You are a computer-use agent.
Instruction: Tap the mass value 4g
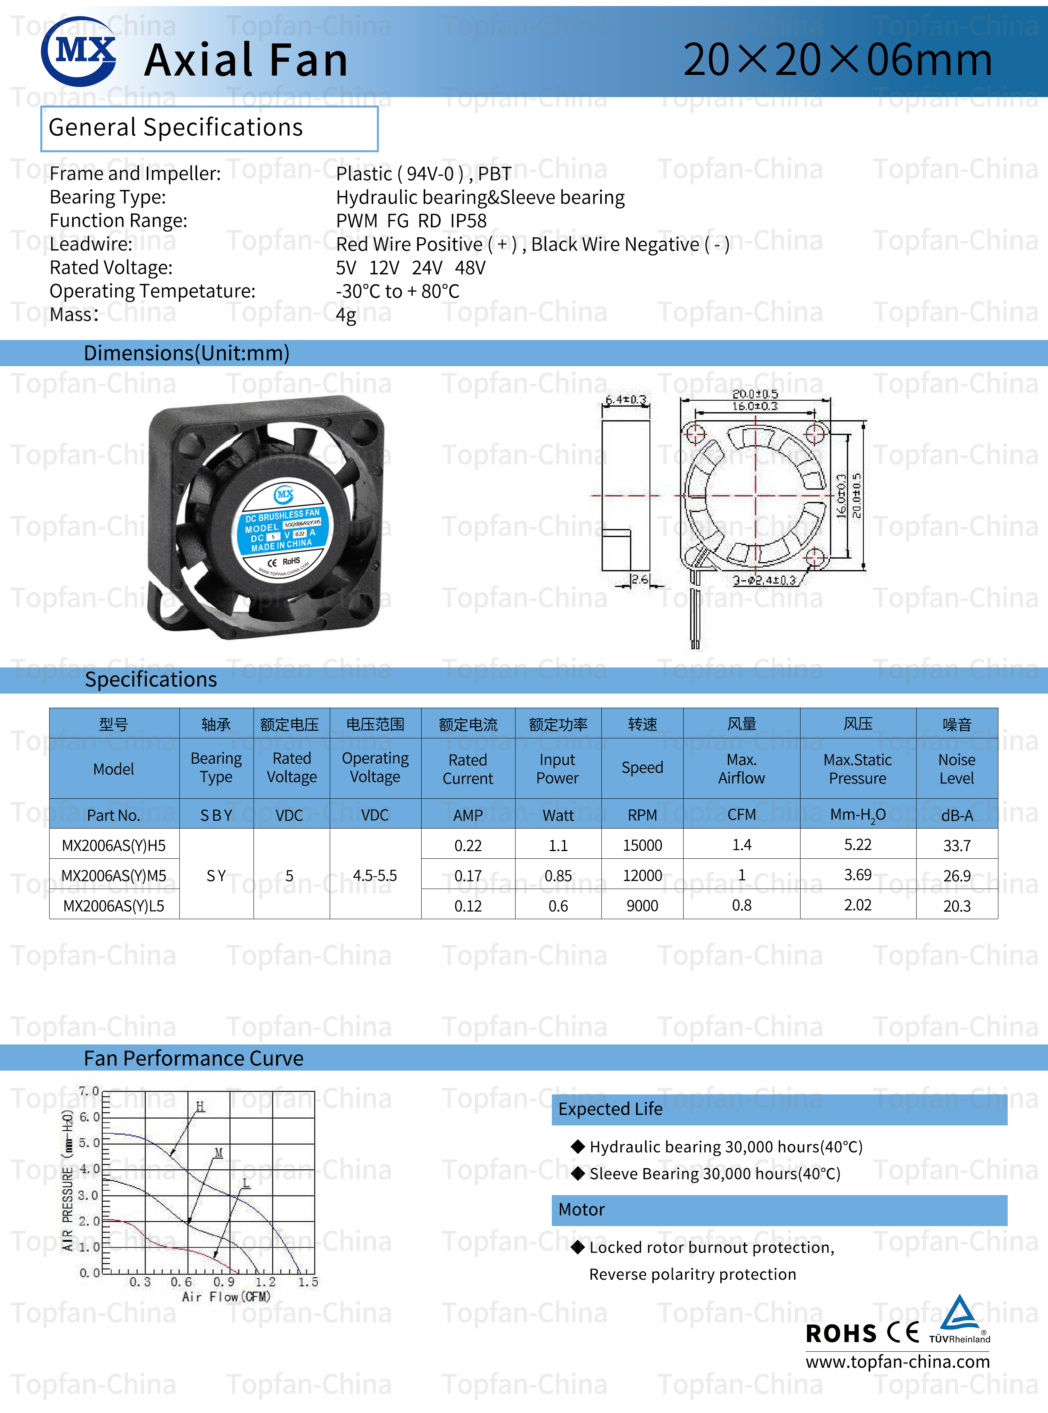(x=346, y=315)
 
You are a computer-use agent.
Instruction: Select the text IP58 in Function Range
(x=468, y=221)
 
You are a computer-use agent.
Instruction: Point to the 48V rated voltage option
(x=470, y=267)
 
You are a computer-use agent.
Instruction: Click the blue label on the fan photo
(x=284, y=529)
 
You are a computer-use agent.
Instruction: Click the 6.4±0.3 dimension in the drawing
(x=626, y=399)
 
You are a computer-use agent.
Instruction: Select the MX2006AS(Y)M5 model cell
(x=114, y=875)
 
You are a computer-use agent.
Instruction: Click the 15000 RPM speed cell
(x=642, y=845)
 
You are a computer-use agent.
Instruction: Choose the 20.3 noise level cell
(x=956, y=906)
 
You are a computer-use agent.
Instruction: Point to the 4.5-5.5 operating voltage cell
(x=375, y=875)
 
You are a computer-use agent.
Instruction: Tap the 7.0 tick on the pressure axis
(x=88, y=1091)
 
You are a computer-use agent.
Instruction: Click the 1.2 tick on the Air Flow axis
(x=265, y=1282)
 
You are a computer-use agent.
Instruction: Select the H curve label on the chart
(x=200, y=1106)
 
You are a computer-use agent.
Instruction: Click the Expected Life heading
(x=610, y=1109)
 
